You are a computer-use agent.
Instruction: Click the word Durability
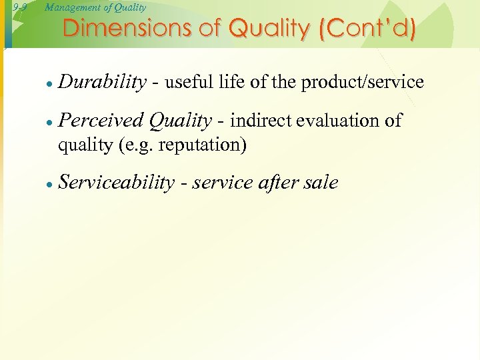tap(102, 82)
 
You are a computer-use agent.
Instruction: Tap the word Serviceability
tap(116, 183)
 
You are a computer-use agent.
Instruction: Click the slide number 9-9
tap(19, 7)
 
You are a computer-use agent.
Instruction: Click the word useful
tap(188, 82)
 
